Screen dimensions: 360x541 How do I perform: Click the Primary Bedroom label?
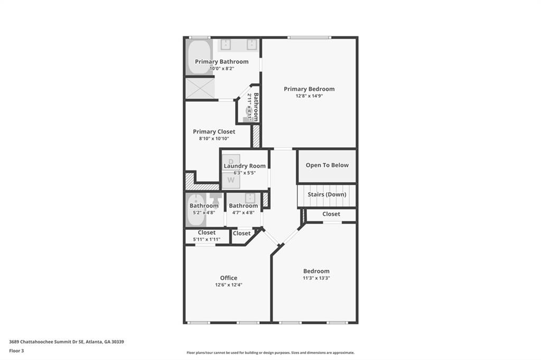[309, 89]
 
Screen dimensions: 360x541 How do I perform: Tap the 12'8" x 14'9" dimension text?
[309, 96]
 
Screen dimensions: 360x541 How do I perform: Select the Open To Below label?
[327, 165]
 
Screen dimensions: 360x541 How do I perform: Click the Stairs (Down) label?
[327, 194]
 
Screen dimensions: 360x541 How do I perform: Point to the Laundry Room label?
[245, 166]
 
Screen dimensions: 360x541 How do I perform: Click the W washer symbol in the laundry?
[231, 180]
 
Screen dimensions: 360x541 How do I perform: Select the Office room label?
[229, 278]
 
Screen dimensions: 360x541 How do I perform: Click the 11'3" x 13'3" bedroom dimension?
[316, 278]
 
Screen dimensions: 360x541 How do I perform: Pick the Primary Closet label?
[214, 131]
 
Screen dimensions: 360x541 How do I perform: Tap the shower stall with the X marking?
[200, 88]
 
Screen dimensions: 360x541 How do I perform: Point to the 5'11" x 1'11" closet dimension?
[207, 239]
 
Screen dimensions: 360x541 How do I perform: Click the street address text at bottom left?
[67, 342]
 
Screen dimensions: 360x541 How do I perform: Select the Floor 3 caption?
[16, 350]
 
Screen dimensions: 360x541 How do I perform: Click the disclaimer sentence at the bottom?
[270, 353]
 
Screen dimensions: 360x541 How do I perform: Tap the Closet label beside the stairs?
[331, 214]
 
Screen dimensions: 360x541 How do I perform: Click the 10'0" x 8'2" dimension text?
[221, 69]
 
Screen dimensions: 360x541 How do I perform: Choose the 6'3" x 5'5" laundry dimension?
[245, 173]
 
